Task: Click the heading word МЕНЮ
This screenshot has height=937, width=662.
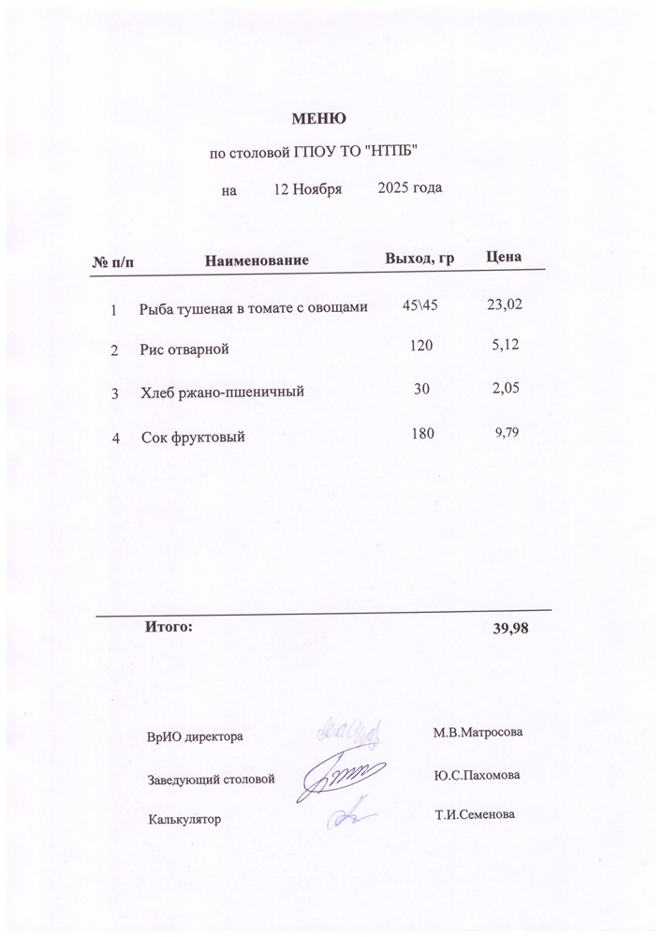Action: tap(319, 119)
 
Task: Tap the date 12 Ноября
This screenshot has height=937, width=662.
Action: tap(307, 188)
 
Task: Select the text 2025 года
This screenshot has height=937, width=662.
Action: tap(409, 187)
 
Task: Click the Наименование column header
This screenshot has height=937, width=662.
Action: tap(257, 259)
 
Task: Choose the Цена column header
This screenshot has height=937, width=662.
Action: tap(505, 257)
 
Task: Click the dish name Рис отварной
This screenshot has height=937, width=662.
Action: tap(184, 350)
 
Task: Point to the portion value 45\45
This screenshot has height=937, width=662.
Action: tap(419, 305)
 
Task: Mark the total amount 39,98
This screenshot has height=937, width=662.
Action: tap(511, 628)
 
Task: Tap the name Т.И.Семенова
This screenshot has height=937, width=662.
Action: tap(475, 814)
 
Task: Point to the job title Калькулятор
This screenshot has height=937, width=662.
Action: tap(184, 820)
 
